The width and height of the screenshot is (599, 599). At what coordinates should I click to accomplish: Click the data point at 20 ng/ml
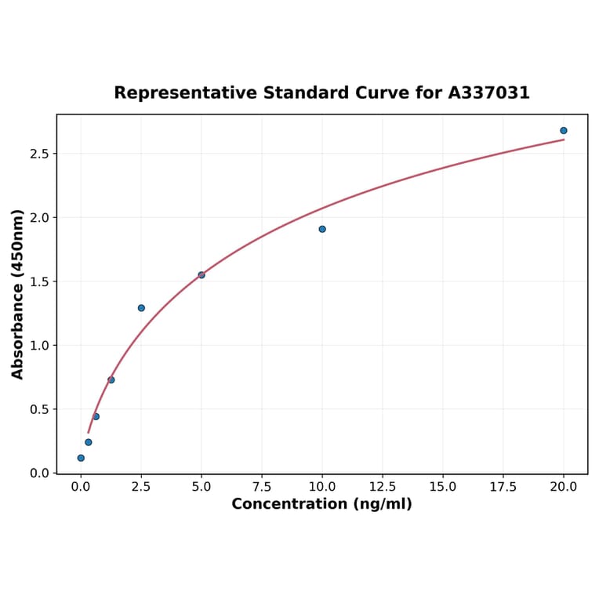(x=564, y=131)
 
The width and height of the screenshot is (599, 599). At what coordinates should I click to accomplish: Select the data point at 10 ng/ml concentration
(x=322, y=229)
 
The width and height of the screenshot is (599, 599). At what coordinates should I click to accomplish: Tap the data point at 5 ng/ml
(x=201, y=275)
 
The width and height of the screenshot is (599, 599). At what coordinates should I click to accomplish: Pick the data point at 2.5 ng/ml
(x=141, y=308)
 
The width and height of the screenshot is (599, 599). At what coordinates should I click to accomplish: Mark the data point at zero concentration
(x=81, y=458)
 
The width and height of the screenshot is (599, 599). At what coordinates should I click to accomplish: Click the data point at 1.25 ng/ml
(x=111, y=380)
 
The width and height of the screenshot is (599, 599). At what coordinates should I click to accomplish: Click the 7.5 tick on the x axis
(x=262, y=487)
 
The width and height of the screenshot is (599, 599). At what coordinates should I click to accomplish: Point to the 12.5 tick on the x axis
(x=383, y=487)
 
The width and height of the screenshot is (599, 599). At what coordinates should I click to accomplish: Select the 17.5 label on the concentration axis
(x=503, y=487)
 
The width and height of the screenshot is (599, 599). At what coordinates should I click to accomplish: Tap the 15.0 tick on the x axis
(x=443, y=487)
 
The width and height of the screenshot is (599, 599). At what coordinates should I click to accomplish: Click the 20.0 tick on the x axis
(x=564, y=487)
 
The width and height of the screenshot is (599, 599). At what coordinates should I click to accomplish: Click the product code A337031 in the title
(x=489, y=93)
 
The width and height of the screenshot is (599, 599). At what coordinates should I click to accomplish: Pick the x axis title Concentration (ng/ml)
(x=321, y=504)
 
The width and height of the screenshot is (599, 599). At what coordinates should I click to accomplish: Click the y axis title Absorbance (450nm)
(x=18, y=294)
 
